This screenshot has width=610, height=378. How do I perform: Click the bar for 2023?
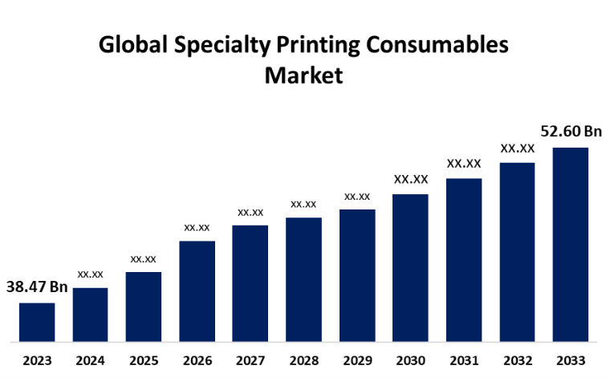37,322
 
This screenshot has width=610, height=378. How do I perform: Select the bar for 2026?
197,291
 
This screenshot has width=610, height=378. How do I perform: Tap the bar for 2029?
357,275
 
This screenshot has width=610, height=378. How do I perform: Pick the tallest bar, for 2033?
571,244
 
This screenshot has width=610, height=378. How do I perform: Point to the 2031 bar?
464,259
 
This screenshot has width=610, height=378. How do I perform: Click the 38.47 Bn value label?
37,287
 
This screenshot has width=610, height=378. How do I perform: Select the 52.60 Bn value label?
571,132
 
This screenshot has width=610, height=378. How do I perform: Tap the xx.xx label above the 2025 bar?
143,258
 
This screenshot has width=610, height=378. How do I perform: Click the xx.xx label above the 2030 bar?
410,179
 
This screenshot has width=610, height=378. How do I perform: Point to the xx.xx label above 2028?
303,204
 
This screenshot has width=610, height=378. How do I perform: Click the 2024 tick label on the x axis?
90,360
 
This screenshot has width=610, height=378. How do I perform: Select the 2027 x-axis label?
250,360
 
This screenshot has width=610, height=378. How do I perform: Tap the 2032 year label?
517,360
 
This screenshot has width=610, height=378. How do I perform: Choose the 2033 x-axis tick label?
571,360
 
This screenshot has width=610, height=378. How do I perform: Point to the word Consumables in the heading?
438,46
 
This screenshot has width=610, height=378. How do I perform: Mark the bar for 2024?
90,314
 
